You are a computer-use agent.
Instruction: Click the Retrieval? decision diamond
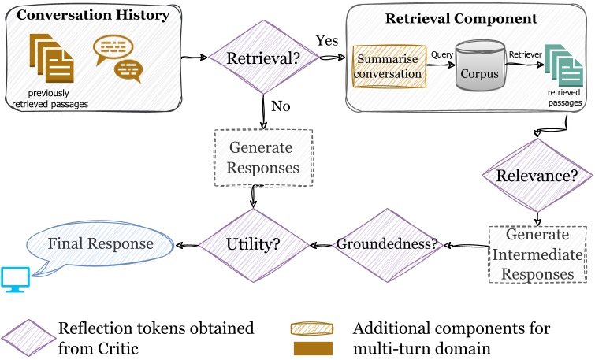click(262, 58)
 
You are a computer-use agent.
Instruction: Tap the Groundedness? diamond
click(387, 245)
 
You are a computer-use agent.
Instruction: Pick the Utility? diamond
click(252, 246)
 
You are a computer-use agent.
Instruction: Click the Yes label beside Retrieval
click(327, 39)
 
